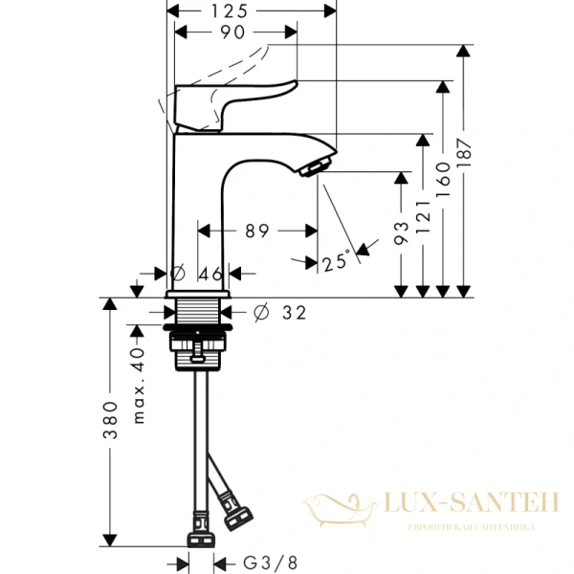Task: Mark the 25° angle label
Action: (336, 261)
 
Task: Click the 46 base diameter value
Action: (210, 274)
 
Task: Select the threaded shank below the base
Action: (200, 313)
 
